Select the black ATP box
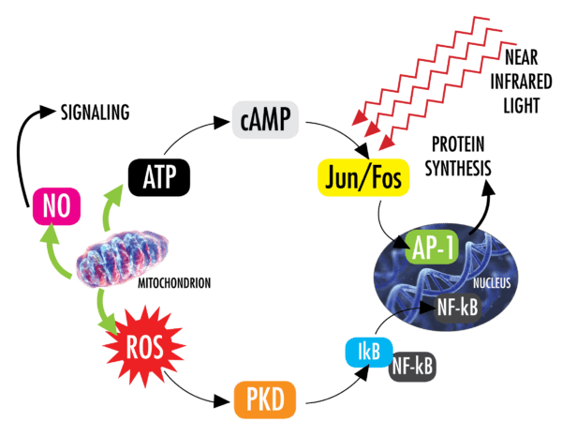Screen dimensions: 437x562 (x=158, y=175)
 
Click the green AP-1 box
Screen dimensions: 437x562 (x=436, y=248)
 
